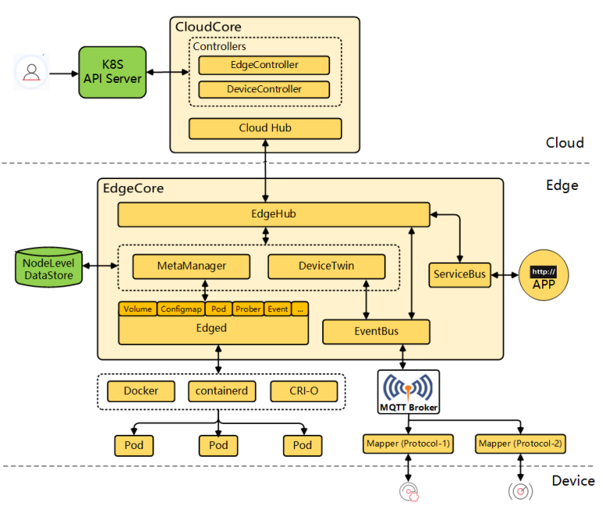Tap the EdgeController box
[264, 65]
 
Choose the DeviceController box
[264, 89]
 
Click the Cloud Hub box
[264, 128]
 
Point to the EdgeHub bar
[273, 214]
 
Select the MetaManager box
[191, 266]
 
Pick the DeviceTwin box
[326, 266]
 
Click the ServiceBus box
[458, 275]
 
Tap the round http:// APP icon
[543, 278]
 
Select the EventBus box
[375, 332]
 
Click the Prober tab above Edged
[247, 309]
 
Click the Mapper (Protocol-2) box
[520, 444]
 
